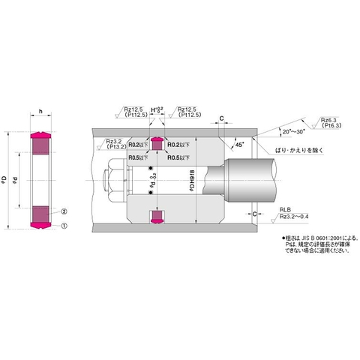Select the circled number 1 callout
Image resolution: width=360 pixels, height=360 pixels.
click(x=64, y=226)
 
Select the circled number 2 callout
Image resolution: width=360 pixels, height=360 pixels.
click(x=64, y=212)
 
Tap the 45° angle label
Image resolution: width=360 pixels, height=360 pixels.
click(x=239, y=142)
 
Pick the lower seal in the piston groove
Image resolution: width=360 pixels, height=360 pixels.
click(x=157, y=217)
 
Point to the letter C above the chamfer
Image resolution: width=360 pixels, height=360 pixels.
click(x=223, y=118)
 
